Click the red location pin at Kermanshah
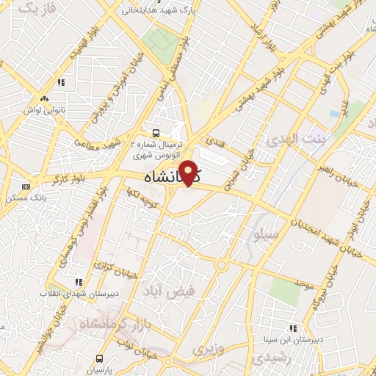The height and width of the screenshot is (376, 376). point(189,173)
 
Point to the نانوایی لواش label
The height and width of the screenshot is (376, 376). point(44,109)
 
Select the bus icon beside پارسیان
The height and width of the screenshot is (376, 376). point(100,359)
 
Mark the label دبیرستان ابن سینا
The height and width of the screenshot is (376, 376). point(292,339)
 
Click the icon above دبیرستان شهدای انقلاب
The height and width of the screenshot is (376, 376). point(79,282)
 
